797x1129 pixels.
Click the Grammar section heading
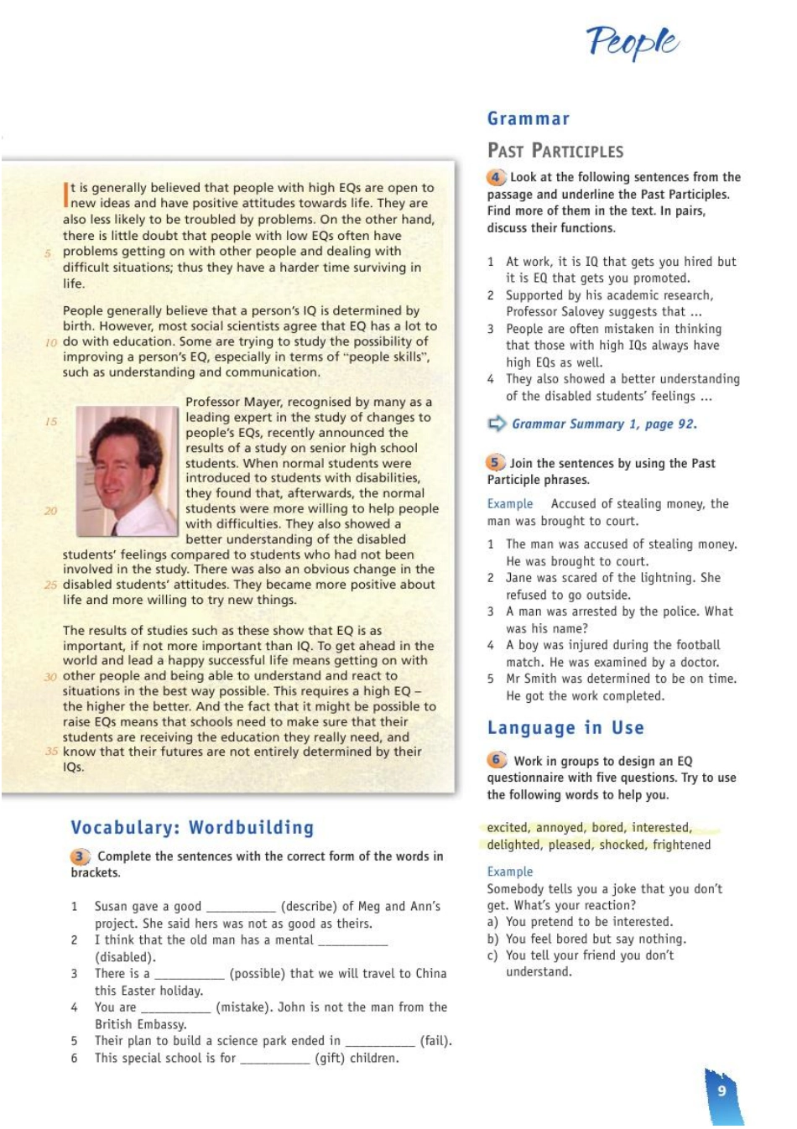tap(529, 118)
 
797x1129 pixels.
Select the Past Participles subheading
tap(555, 151)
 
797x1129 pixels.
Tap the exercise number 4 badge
tap(496, 177)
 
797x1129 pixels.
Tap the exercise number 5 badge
tap(495, 462)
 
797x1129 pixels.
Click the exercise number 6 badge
tap(497, 760)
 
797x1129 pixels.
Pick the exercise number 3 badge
tap(80, 856)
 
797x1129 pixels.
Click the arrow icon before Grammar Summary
tap(497, 424)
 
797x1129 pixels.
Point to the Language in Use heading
tap(565, 727)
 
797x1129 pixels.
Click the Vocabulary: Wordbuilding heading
tap(192, 827)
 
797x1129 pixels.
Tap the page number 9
tap(721, 1090)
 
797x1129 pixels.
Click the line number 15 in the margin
tap(51, 421)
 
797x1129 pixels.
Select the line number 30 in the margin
tap(50, 676)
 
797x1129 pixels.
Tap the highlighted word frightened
tap(681, 845)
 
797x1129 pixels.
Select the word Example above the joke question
tap(510, 871)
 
